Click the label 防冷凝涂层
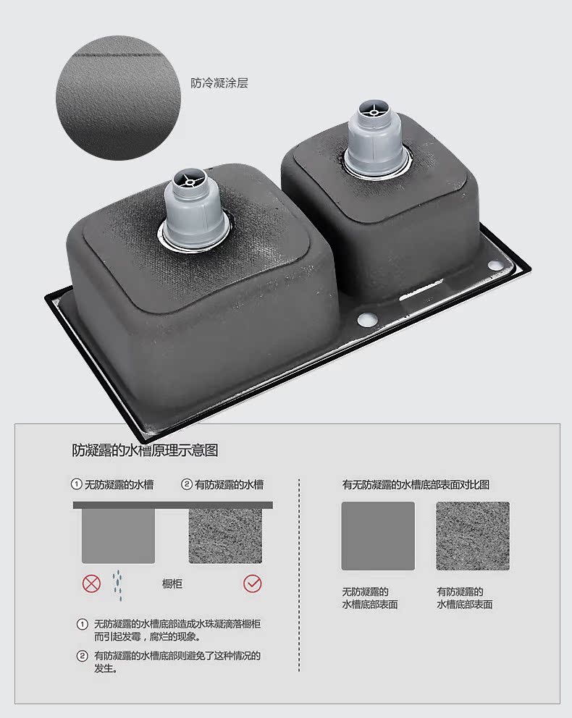[219, 83]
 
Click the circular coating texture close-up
[118, 98]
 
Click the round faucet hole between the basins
[366, 319]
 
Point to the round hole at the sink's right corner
[495, 265]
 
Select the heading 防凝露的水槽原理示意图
[145, 451]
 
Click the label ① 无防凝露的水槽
[112, 484]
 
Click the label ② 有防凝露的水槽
[222, 484]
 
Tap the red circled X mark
[91, 584]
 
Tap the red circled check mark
[253, 584]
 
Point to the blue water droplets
[118, 585]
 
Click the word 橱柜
[172, 584]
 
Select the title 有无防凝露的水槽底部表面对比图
[416, 484]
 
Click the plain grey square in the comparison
[378, 536]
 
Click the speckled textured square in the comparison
[473, 536]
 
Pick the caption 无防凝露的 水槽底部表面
[369, 598]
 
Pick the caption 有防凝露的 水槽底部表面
[464, 598]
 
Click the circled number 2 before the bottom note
[82, 656]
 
